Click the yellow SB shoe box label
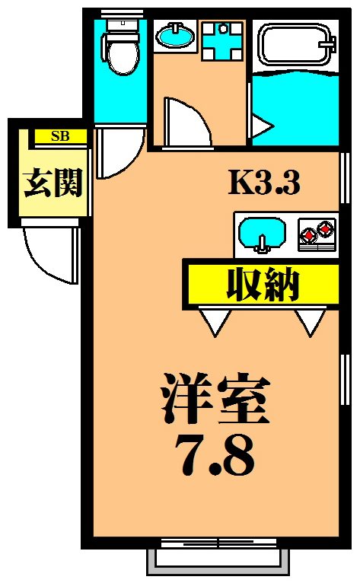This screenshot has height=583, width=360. (x=60, y=137)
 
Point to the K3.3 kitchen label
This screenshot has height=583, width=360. (x=265, y=182)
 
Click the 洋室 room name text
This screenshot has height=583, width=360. (x=215, y=399)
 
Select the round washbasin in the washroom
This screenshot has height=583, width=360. (x=174, y=34)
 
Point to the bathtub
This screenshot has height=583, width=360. (x=295, y=46)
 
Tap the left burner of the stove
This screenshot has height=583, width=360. (x=308, y=231)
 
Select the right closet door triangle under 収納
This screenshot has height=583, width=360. (x=311, y=320)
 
